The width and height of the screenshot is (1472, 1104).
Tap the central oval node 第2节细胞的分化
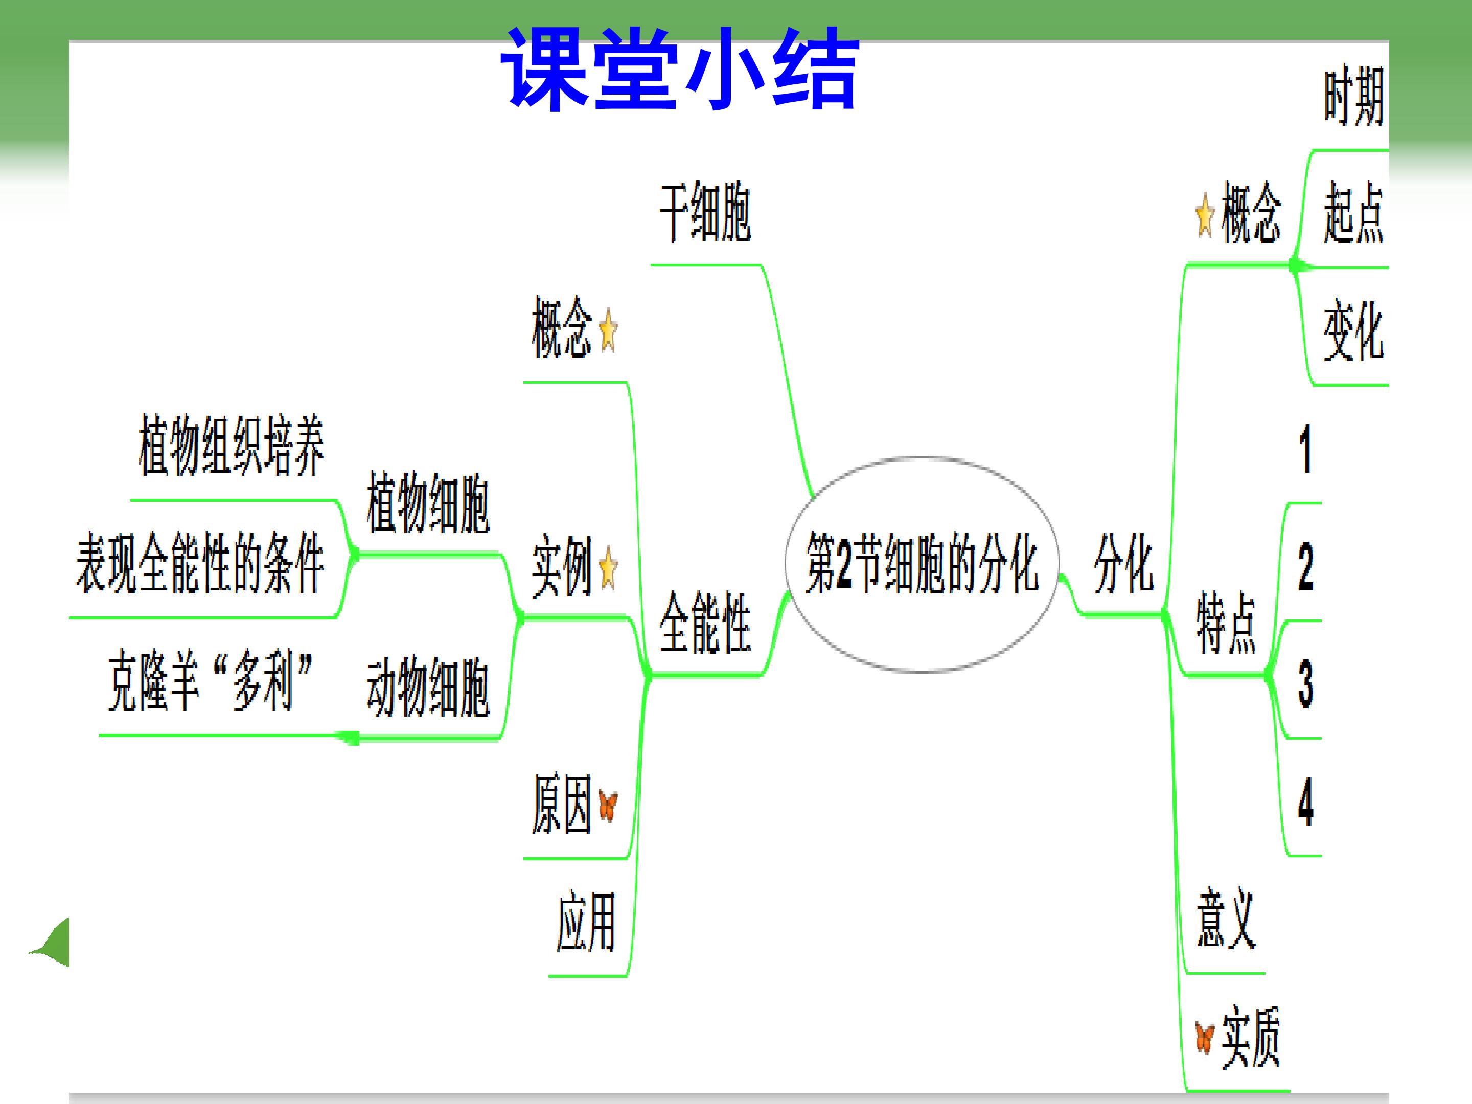922,564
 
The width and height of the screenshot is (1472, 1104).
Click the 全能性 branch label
705,622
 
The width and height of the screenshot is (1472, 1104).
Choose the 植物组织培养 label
232,445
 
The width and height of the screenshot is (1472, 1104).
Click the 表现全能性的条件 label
200,563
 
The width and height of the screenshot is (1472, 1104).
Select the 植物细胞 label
428,503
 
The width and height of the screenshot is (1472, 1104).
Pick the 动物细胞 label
428,687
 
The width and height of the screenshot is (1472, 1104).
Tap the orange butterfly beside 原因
608,806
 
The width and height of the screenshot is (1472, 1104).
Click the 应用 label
586,922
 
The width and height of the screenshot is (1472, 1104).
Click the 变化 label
1353,331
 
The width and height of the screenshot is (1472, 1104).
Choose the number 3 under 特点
1306,684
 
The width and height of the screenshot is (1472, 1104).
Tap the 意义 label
1226,918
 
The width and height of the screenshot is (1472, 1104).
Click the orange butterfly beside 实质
1205,1039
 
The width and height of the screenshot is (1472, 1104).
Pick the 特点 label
1226,624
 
